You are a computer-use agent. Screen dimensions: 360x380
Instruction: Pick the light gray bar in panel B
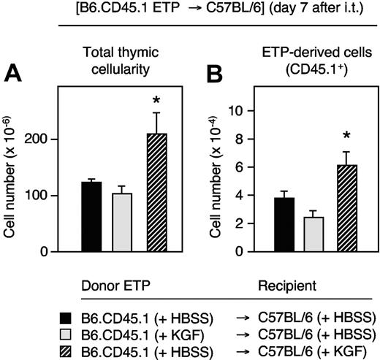(315, 234)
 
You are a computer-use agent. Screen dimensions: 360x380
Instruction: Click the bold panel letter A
(12, 73)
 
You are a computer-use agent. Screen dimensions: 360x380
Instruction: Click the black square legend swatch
(66, 316)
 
